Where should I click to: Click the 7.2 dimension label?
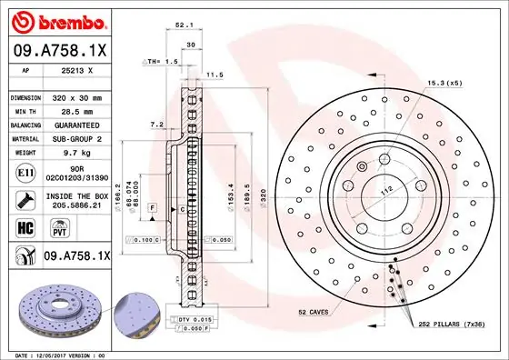155,123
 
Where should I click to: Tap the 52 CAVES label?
314,312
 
